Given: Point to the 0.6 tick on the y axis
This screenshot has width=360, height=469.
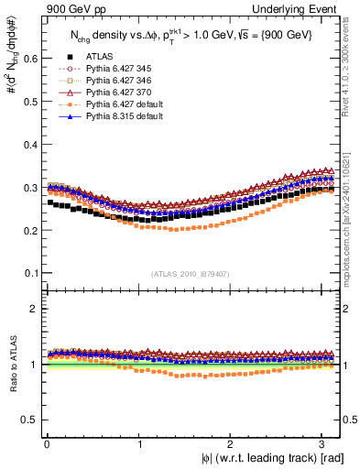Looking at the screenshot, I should coord(27,58).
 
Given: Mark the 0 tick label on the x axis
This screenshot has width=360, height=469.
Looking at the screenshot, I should coord(46,445).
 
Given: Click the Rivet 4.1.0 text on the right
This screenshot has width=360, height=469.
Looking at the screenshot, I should coord(351,64).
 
